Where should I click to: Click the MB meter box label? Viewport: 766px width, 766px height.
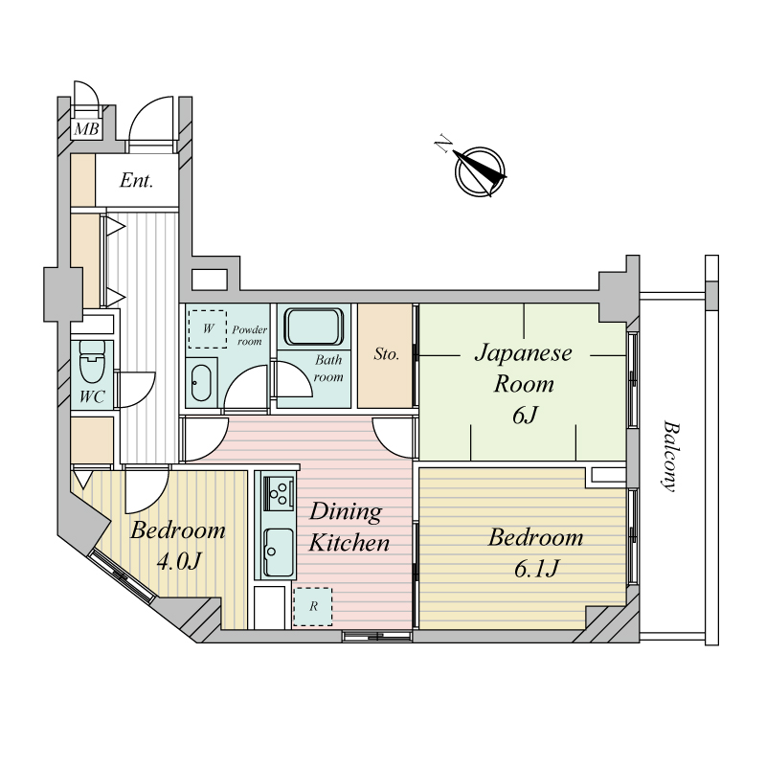pyautogui.click(x=86, y=129)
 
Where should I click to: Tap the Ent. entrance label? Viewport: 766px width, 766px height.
pyautogui.click(x=136, y=181)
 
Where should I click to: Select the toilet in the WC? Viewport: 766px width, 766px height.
pyautogui.click(x=92, y=362)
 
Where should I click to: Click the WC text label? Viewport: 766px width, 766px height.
pyautogui.click(x=92, y=396)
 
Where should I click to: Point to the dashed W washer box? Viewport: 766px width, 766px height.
pyautogui.click(x=208, y=328)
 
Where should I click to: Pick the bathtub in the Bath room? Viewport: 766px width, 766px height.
pyautogui.click(x=314, y=327)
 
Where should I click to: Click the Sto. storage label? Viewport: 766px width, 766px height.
pyautogui.click(x=387, y=353)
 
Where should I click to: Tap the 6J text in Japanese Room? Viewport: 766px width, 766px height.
pyautogui.click(x=525, y=416)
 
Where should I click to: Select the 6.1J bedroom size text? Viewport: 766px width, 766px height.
pyautogui.click(x=536, y=569)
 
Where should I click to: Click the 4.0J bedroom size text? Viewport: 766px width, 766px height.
pyautogui.click(x=178, y=562)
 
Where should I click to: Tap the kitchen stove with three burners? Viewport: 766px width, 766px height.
pyautogui.click(x=279, y=492)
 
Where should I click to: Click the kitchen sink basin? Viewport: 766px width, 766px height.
pyautogui.click(x=279, y=553)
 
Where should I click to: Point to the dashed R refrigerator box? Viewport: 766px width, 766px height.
pyautogui.click(x=313, y=607)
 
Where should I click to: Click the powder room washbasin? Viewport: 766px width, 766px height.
pyautogui.click(x=200, y=383)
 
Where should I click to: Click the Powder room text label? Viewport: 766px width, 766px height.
pyautogui.click(x=250, y=336)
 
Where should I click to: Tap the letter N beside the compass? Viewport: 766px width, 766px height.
pyautogui.click(x=443, y=145)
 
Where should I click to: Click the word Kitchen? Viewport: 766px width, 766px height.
pyautogui.click(x=349, y=543)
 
